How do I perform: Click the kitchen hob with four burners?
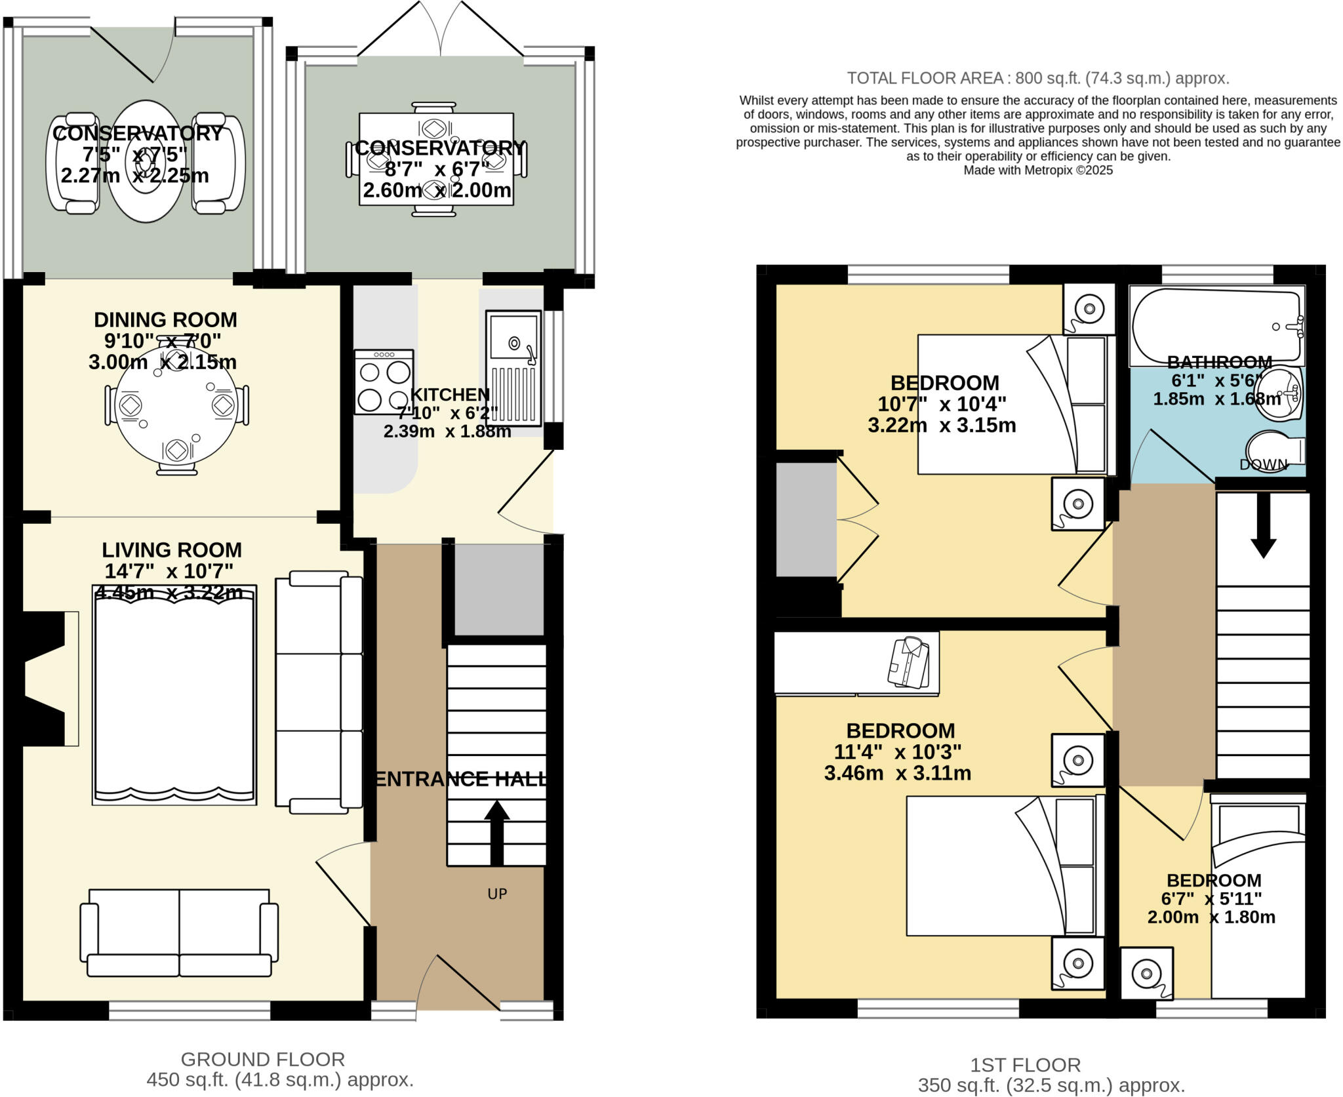[384, 382]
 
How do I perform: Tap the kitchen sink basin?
[513, 342]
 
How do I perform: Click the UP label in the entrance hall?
[497, 894]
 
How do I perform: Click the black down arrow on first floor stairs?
[1263, 525]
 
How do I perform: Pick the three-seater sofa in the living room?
[319, 692]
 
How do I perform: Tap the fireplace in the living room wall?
[46, 679]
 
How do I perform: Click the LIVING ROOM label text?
[172, 549]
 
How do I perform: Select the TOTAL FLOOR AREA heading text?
[1037, 79]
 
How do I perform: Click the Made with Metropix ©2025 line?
[1037, 170]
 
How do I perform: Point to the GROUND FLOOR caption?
[262, 1059]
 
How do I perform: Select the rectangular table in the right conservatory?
[436, 159]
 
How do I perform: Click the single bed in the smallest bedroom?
[1258, 898]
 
